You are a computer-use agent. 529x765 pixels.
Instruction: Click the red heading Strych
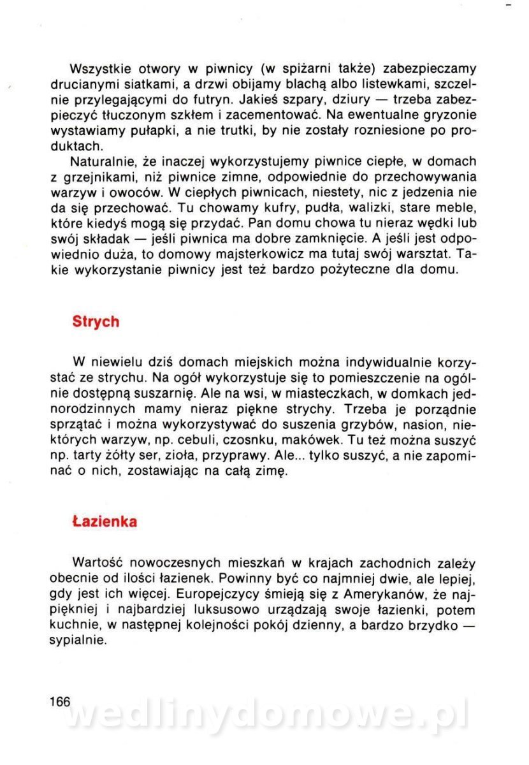click(96, 321)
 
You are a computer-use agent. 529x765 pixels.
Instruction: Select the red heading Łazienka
click(105, 521)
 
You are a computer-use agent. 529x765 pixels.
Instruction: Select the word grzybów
click(369, 425)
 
